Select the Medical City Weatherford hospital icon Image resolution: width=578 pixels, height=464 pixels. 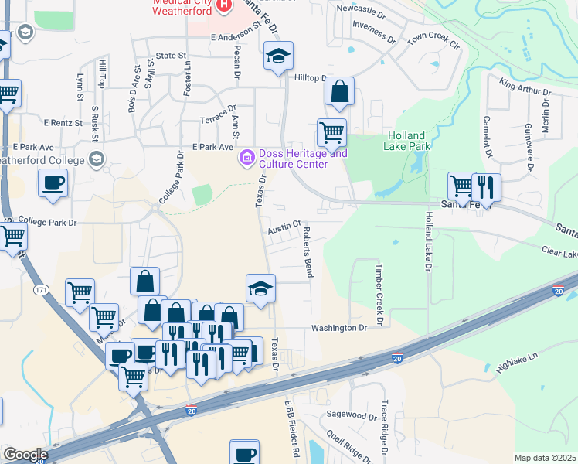coord(224,5)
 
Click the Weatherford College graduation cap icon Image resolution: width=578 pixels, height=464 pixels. coord(97,159)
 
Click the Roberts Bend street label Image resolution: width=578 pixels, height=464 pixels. coord(308,252)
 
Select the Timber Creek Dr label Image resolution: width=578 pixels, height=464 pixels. coord(379,293)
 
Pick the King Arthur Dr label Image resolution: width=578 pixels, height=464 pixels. coord(525,86)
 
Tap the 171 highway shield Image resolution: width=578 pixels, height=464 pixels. coord(40,288)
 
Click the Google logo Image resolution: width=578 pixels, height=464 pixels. coord(25,454)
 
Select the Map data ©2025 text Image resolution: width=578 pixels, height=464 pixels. coord(545,458)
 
